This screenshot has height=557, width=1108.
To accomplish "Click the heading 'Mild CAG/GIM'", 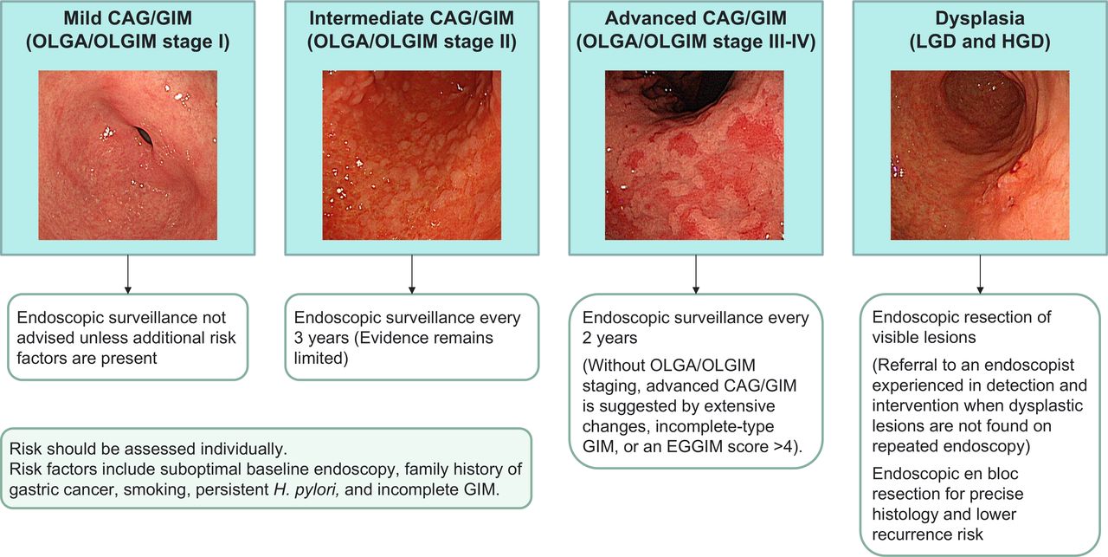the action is coord(127,18).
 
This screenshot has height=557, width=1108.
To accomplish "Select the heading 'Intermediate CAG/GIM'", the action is coord(411,18).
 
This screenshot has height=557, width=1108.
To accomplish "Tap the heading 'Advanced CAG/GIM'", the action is coord(695,18).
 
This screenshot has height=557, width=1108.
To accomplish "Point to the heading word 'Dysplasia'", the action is coord(980,18).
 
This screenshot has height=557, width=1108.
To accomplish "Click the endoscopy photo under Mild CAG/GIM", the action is coord(127,155).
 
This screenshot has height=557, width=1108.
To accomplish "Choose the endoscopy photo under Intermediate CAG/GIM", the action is coord(411,155).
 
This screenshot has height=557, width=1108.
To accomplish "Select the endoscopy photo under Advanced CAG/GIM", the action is coord(694,155).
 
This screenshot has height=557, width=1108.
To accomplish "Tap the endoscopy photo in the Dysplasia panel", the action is coord(980,155).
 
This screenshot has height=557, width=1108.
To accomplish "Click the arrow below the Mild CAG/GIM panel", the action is coord(127,275).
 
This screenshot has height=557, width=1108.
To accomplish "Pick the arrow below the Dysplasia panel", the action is coord(980,275).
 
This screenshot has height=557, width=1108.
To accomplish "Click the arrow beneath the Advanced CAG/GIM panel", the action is coord(695,275).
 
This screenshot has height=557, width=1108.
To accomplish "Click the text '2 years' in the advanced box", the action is coord(609,338).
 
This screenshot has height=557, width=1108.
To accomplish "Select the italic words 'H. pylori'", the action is coord(306,489).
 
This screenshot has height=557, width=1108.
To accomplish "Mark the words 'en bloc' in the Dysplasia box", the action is coord(989,474).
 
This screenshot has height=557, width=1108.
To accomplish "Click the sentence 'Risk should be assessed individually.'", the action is coord(148,449).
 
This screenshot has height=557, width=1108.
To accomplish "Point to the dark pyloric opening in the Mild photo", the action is coord(144,136).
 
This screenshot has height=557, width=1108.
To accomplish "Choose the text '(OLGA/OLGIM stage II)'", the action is coord(411,42).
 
